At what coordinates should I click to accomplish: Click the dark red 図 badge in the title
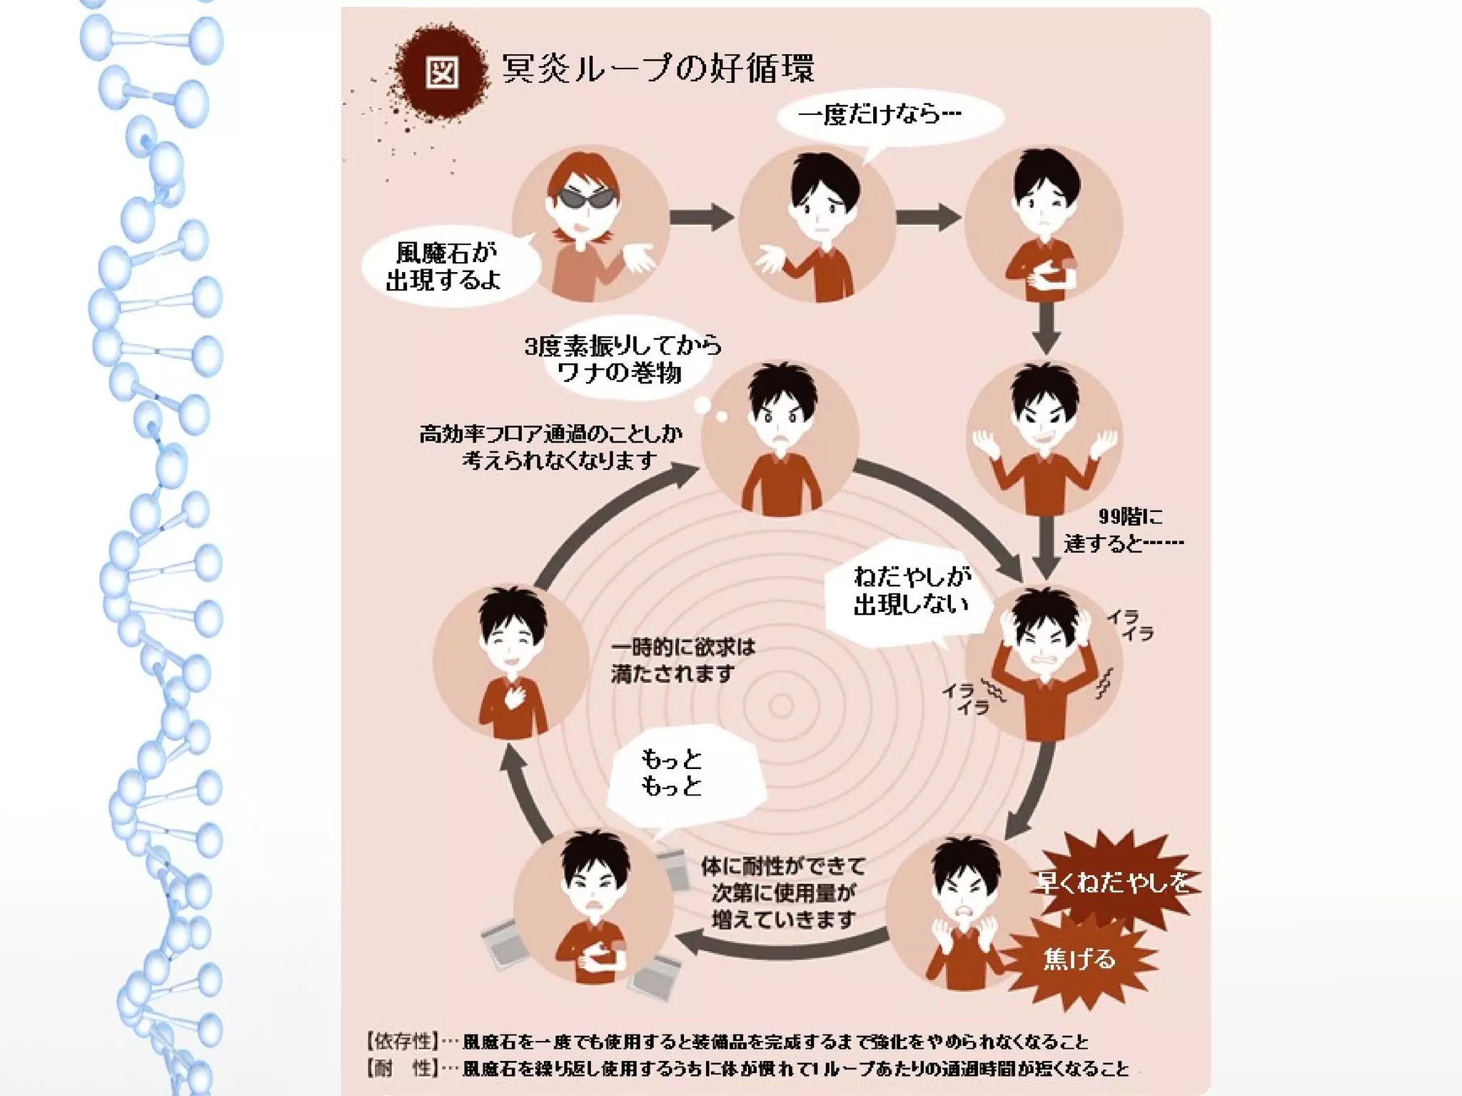441,71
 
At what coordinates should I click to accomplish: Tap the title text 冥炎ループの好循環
657,69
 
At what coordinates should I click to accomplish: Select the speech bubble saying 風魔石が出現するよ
445,266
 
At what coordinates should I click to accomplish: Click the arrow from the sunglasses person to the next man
702,217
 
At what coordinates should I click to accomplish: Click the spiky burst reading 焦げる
1079,958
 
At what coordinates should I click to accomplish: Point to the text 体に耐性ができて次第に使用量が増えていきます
783,893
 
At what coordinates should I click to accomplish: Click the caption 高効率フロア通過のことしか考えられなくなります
551,447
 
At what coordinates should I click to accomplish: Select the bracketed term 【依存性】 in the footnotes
401,1041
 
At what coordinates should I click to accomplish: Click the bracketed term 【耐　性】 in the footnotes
401,1068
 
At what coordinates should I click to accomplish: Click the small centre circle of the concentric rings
781,706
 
